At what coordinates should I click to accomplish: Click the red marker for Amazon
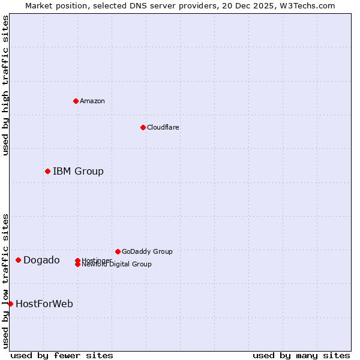pyautogui.click(x=76, y=101)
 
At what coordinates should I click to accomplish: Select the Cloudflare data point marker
pyautogui.click(x=143, y=127)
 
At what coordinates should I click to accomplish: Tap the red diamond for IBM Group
pyautogui.click(x=47, y=172)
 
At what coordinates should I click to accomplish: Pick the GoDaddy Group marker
pyautogui.click(x=118, y=251)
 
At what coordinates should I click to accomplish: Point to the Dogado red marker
pyautogui.click(x=18, y=260)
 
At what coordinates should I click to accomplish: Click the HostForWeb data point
pyautogui.click(x=10, y=304)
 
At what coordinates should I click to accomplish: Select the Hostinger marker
pyautogui.click(x=77, y=260)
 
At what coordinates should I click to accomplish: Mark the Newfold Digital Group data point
pyautogui.click(x=77, y=265)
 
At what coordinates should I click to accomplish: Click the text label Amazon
pyautogui.click(x=92, y=101)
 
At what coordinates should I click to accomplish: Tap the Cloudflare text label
pyautogui.click(x=163, y=127)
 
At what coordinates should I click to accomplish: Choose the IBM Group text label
pyautogui.click(x=78, y=172)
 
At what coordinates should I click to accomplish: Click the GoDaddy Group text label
pyautogui.click(x=147, y=251)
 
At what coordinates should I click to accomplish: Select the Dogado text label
pyautogui.click(x=41, y=260)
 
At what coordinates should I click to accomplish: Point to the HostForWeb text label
pyautogui.click(x=44, y=304)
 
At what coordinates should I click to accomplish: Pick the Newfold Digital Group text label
pyautogui.click(x=116, y=265)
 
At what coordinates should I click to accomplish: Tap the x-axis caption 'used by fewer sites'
pyautogui.click(x=62, y=355)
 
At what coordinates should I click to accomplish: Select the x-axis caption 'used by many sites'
pyautogui.click(x=301, y=355)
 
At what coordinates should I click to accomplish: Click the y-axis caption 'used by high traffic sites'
pyautogui.click(x=5, y=85)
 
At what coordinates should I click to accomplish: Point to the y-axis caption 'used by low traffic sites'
pyautogui.click(x=5, y=281)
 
